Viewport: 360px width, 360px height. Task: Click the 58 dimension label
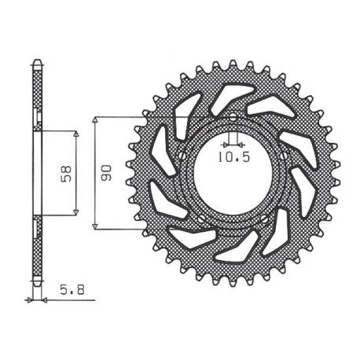point(66,173)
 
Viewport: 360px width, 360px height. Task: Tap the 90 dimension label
point(106,173)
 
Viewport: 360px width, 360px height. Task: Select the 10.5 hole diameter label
point(234,157)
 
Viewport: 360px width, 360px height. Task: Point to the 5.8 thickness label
point(72,290)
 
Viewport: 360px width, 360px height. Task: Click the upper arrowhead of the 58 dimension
point(76,134)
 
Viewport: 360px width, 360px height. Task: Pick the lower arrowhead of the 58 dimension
point(76,212)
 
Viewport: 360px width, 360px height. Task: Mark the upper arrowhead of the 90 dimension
point(96,120)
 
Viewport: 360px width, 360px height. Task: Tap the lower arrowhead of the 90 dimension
point(96,226)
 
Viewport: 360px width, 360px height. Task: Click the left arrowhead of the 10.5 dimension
point(225,144)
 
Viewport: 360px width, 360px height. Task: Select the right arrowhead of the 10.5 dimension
point(241,144)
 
